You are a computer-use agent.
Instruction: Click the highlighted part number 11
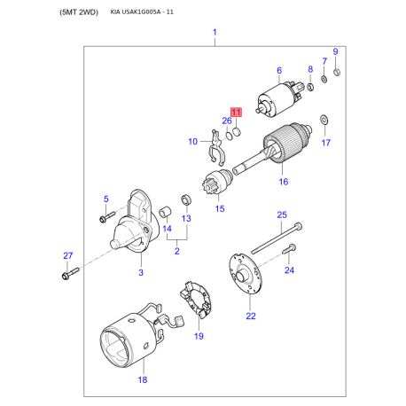[236, 113]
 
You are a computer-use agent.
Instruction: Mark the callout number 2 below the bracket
[176, 251]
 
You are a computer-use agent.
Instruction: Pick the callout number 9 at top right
[335, 51]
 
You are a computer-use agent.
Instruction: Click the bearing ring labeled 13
[185, 199]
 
